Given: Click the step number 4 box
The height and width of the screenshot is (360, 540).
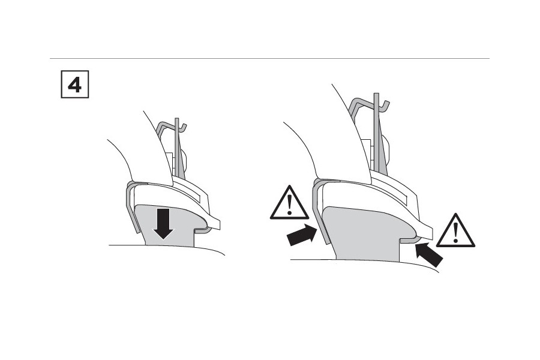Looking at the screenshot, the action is [x=75, y=84].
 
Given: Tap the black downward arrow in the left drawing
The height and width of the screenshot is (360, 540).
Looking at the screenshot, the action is [x=163, y=224].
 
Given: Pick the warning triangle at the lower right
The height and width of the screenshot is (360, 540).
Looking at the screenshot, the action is [x=455, y=230].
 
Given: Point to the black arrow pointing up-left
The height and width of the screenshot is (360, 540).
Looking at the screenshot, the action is [x=429, y=254].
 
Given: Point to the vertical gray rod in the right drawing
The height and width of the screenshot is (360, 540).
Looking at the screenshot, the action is [x=376, y=133].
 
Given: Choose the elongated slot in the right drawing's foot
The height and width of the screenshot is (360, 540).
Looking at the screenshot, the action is [x=392, y=194].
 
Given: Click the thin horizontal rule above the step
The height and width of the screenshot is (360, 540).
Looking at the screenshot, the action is [x=269, y=59].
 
